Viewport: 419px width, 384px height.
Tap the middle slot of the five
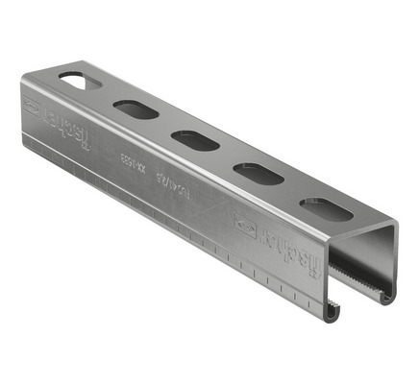[x=195, y=141]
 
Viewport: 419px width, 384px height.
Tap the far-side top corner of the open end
[x=394, y=223]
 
